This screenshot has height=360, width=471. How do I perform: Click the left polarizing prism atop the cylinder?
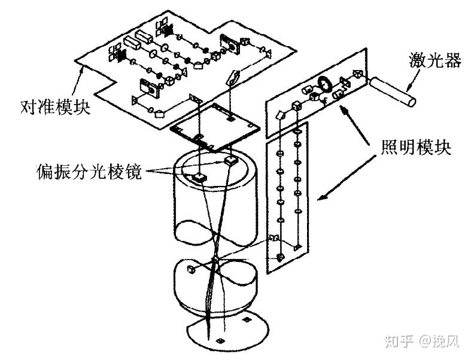[197, 176]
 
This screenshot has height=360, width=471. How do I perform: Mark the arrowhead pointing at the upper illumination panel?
[344, 108]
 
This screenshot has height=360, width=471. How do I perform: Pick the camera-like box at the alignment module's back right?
[229, 41]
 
